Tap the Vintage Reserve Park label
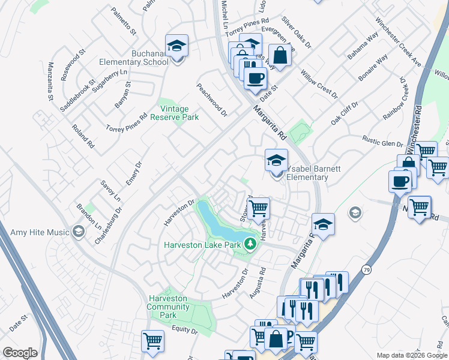point(179,113)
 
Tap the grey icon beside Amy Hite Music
point(77,232)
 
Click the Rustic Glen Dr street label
point(382,141)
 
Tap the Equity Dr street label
point(184,329)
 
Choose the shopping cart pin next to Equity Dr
point(152,341)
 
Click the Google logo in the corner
point(20,353)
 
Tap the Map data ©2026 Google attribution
point(412,355)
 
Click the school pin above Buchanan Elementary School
point(177,45)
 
